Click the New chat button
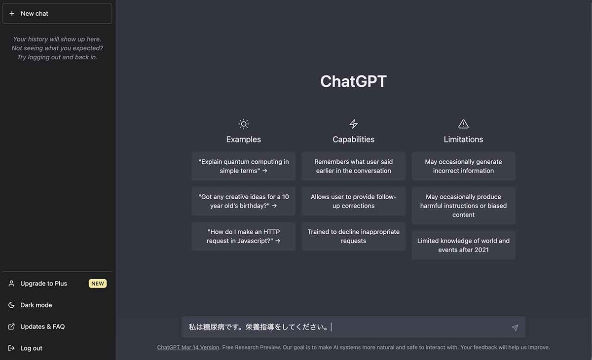coord(57,14)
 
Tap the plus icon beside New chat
coord(12,14)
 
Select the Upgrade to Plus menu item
coord(43,284)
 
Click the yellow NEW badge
coord(98,284)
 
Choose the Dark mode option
coord(36,305)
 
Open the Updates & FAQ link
coord(42,326)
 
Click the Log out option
coord(31,348)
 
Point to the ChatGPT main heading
coord(353,81)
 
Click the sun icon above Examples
coord(243,124)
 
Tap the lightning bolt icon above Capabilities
coord(353,124)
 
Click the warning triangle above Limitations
coord(463,124)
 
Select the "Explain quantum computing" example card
coord(243,166)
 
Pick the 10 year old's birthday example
coord(243,201)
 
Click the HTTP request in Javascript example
coord(243,236)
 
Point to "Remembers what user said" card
coord(353,166)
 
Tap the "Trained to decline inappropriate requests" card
coord(353,236)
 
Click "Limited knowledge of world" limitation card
coord(463,245)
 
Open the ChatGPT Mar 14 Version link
coord(188,347)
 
